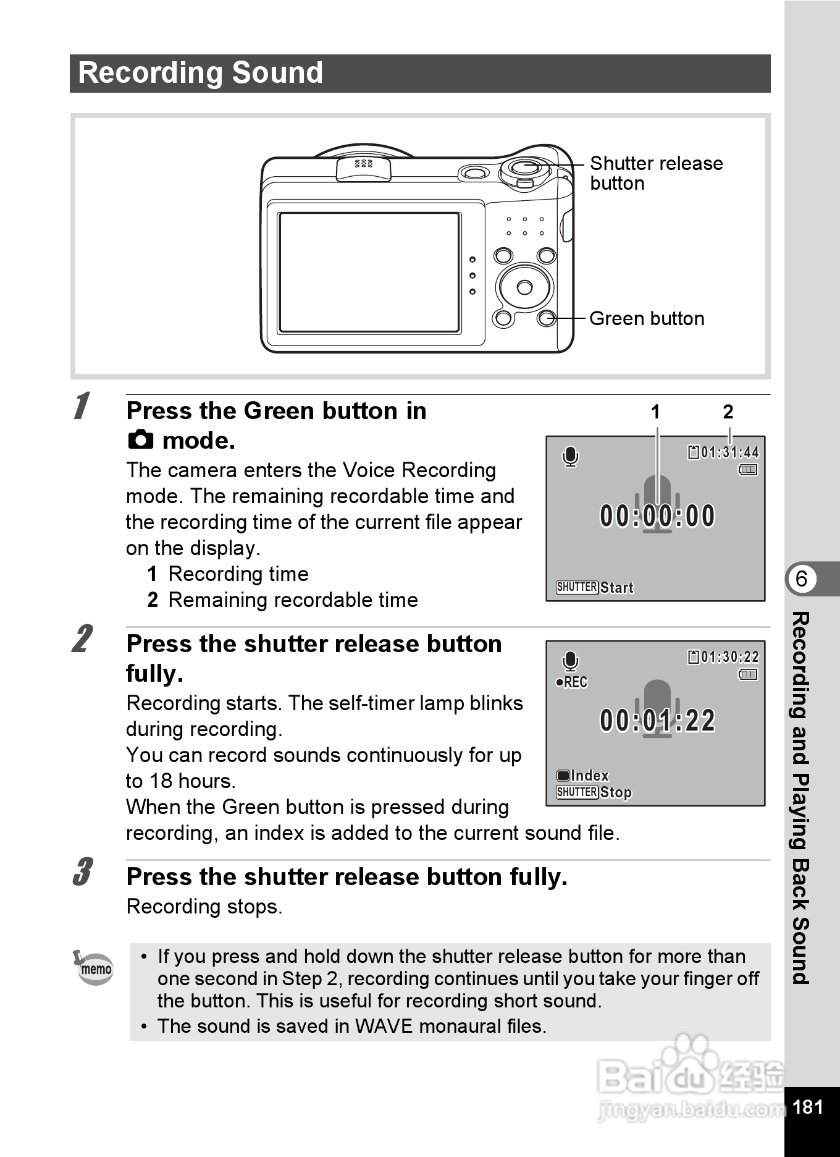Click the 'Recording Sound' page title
[200, 73]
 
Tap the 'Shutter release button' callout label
[655, 173]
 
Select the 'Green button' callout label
[647, 318]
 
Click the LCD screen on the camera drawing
[369, 273]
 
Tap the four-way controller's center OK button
[524, 287]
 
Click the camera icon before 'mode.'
[141, 439]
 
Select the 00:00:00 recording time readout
[657, 516]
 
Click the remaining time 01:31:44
[729, 452]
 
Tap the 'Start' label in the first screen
[616, 588]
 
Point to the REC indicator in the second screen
[572, 682]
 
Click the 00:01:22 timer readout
[657, 721]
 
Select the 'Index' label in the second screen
[590, 776]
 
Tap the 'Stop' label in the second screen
[616, 792]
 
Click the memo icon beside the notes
[94, 967]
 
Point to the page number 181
[807, 1106]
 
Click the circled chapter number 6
[801, 579]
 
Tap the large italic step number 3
[82, 872]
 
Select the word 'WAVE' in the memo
[384, 1026]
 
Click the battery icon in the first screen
[748, 470]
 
